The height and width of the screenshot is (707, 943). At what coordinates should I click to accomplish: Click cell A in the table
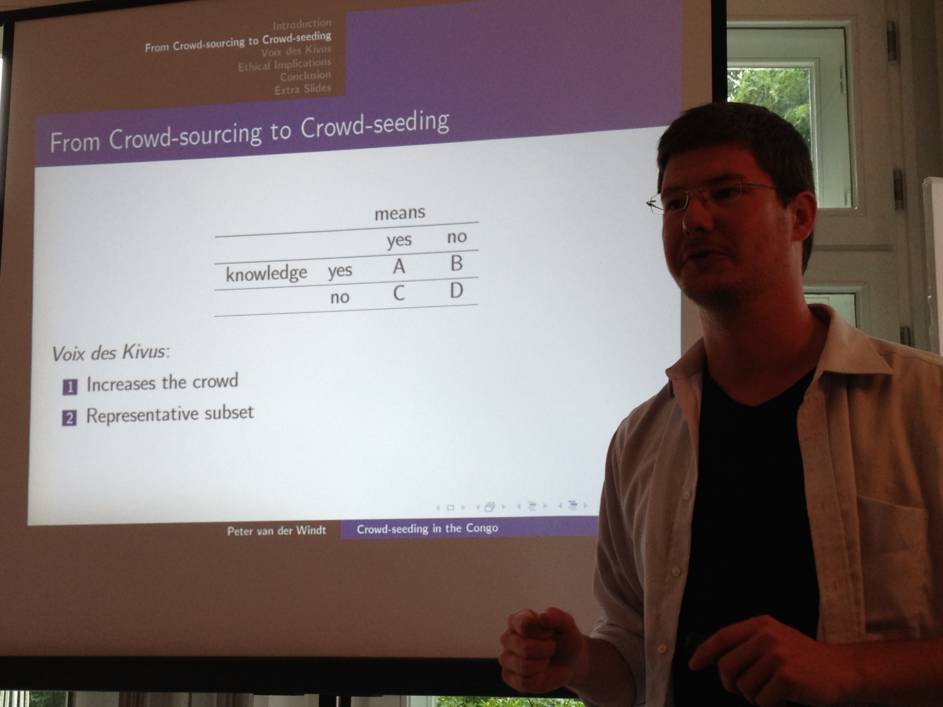click(399, 267)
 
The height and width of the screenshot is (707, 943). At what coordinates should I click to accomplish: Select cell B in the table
click(456, 263)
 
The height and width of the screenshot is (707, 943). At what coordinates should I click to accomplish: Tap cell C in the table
click(399, 293)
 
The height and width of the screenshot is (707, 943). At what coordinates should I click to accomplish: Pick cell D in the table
click(456, 290)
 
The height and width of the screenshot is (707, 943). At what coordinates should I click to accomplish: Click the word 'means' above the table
click(400, 213)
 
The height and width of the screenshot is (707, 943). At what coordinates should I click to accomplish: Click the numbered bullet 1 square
click(70, 387)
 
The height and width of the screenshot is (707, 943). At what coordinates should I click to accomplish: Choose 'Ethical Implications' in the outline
click(284, 64)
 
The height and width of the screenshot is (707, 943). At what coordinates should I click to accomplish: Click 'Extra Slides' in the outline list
click(303, 89)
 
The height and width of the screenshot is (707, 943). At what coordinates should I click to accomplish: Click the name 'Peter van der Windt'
click(276, 531)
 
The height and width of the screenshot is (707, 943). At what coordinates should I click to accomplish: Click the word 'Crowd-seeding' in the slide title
click(375, 124)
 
